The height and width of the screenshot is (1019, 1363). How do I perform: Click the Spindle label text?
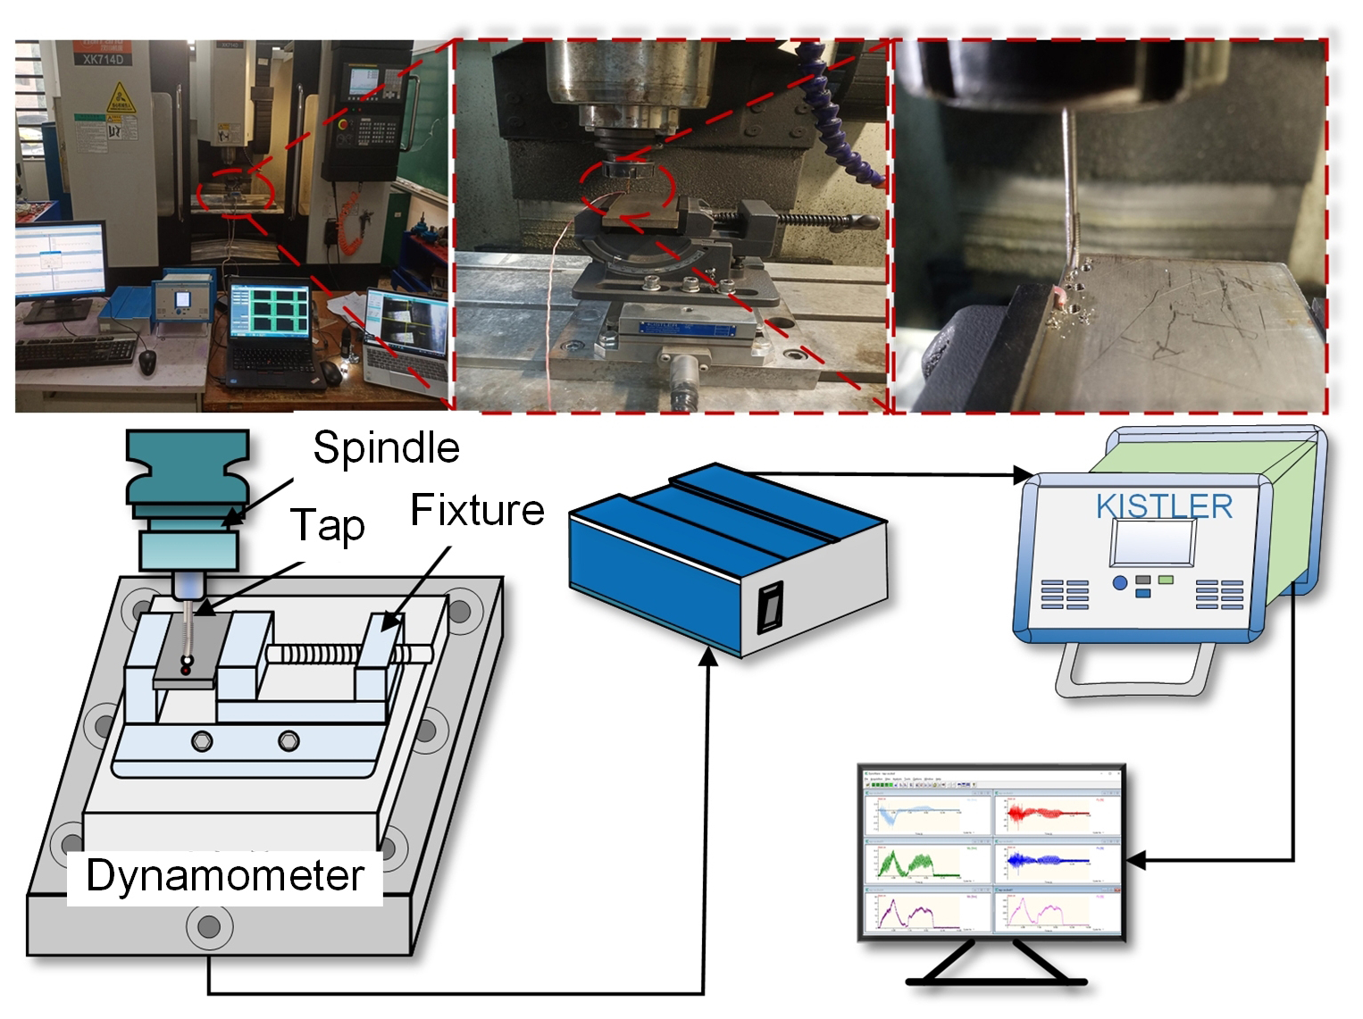[386, 447]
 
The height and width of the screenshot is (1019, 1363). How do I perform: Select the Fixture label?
[477, 511]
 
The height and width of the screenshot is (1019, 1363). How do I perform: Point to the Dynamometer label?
[225, 875]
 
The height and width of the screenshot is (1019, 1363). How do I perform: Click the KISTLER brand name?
[1164, 506]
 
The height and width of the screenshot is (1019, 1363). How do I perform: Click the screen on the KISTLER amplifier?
[1152, 542]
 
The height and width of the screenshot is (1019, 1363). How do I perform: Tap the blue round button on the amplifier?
[1120, 583]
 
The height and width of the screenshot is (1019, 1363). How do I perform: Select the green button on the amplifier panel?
[1166, 580]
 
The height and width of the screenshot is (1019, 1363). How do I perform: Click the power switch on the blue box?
[769, 607]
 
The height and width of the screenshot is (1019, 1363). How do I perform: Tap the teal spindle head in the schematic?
[187, 469]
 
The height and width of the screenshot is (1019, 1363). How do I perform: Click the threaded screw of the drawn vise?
[313, 655]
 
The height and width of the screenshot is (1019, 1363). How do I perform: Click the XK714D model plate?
[103, 59]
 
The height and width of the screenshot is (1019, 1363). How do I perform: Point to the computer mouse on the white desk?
[147, 361]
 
